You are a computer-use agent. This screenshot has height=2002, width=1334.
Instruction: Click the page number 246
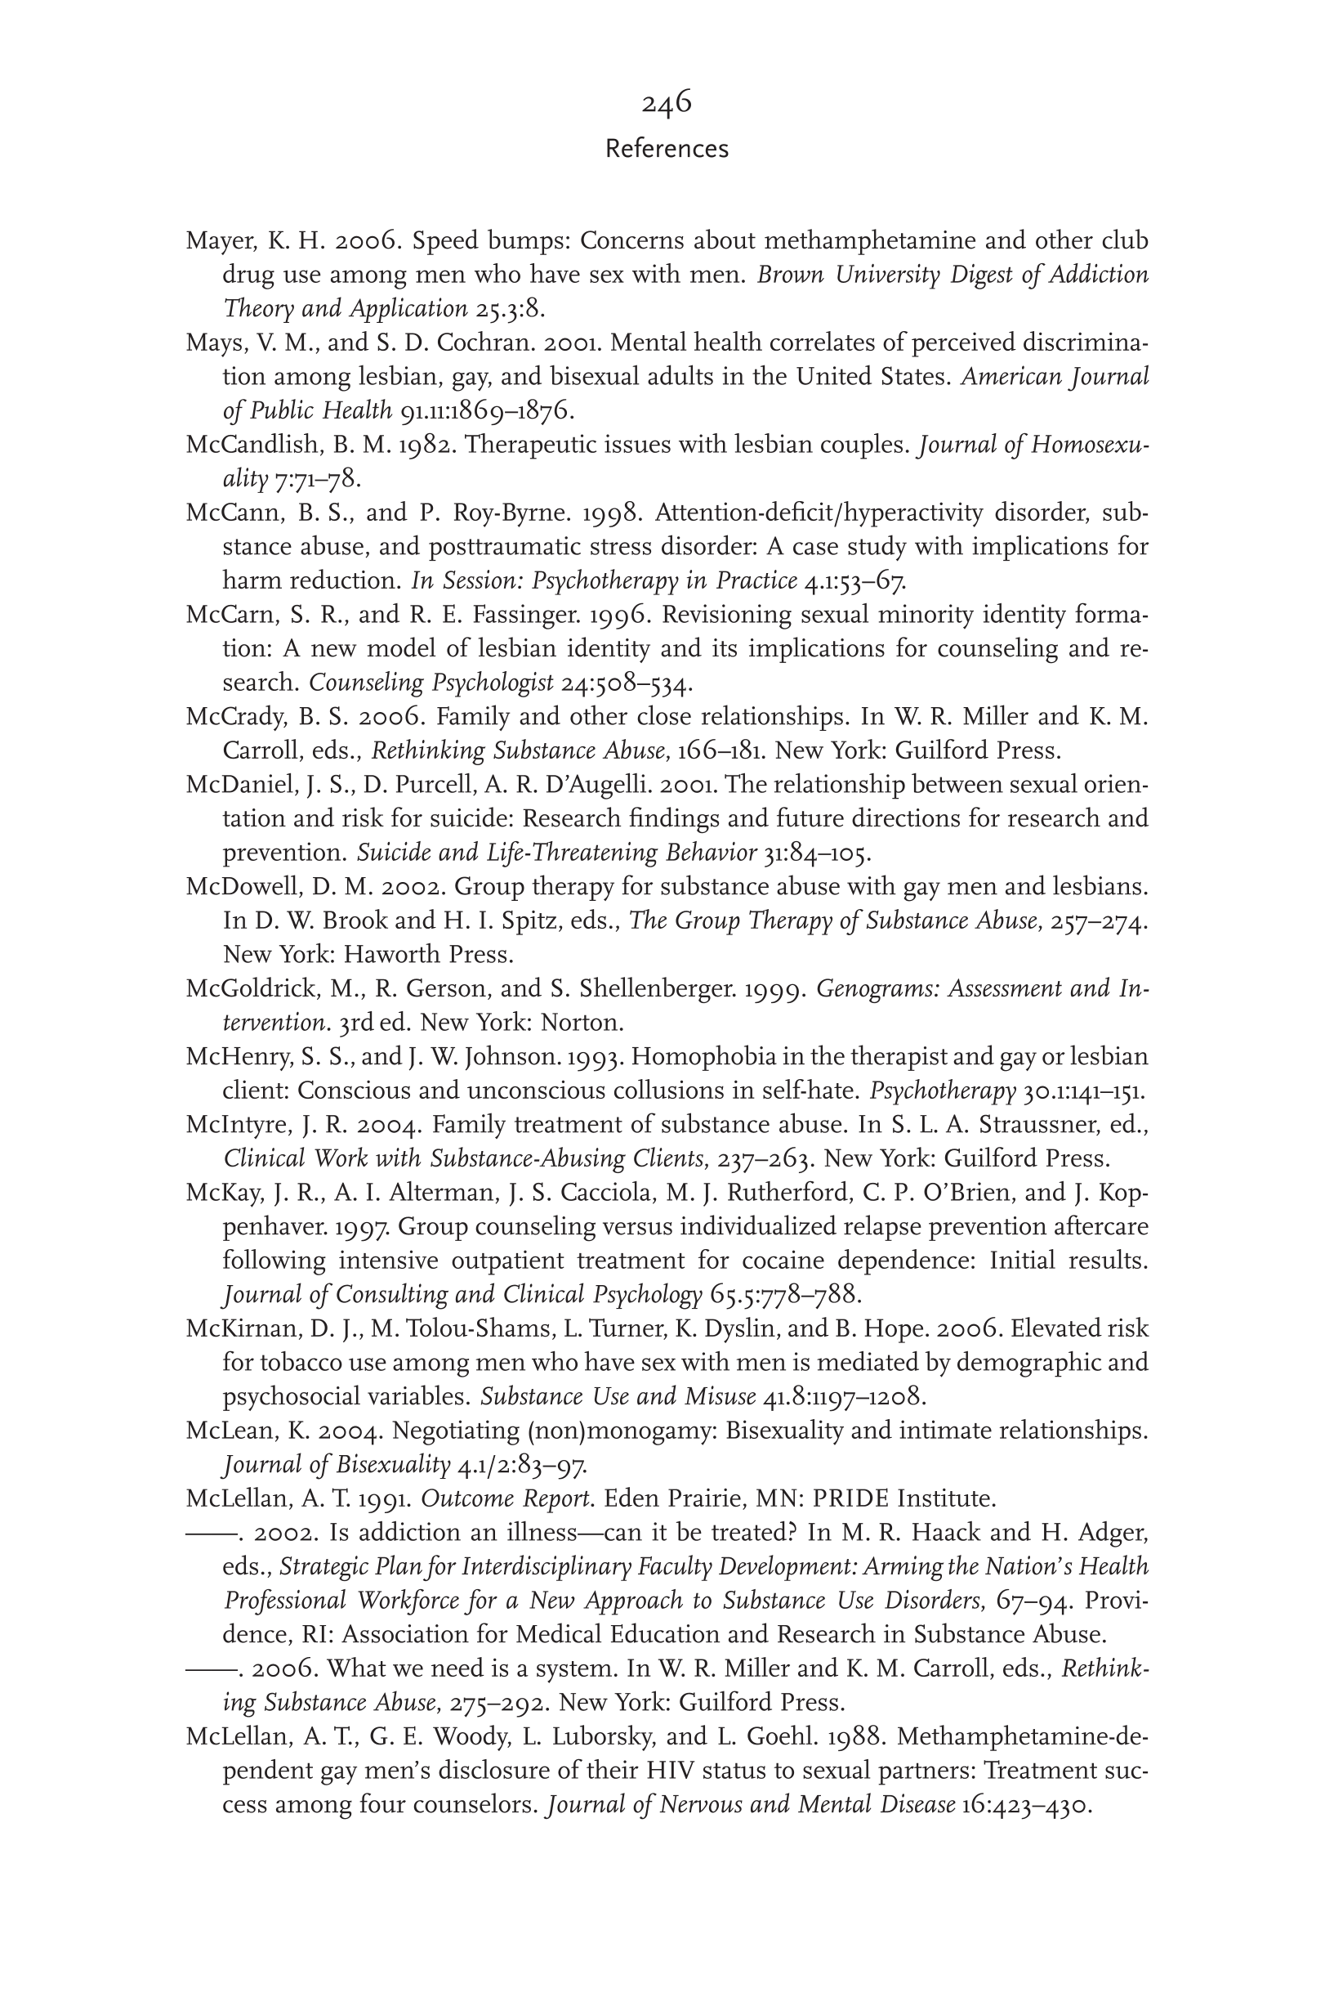[x=666, y=103]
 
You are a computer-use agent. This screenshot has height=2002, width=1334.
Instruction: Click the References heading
[x=666, y=149]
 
